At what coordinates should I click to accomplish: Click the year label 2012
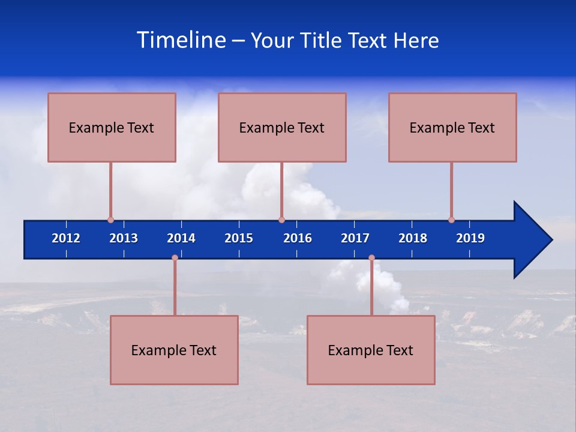66,238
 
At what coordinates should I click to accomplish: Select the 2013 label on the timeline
124,238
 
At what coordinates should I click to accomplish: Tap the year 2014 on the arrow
181,238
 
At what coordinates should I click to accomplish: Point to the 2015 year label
239,238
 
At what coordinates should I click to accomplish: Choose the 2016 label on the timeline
298,238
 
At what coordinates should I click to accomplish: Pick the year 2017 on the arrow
355,238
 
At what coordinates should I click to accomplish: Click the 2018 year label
413,238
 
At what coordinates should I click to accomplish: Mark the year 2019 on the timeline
470,238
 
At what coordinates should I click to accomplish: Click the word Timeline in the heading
181,40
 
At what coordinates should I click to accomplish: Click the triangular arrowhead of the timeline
531,240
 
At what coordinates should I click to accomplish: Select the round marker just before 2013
110,220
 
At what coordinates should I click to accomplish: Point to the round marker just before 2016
282,220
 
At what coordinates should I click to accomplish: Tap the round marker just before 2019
451,220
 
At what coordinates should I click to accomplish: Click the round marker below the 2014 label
175,258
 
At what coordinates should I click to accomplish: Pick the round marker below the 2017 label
371,258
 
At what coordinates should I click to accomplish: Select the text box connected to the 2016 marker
282,127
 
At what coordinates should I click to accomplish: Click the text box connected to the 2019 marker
452,127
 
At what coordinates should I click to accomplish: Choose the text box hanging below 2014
174,350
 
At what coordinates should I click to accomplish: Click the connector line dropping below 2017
371,288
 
